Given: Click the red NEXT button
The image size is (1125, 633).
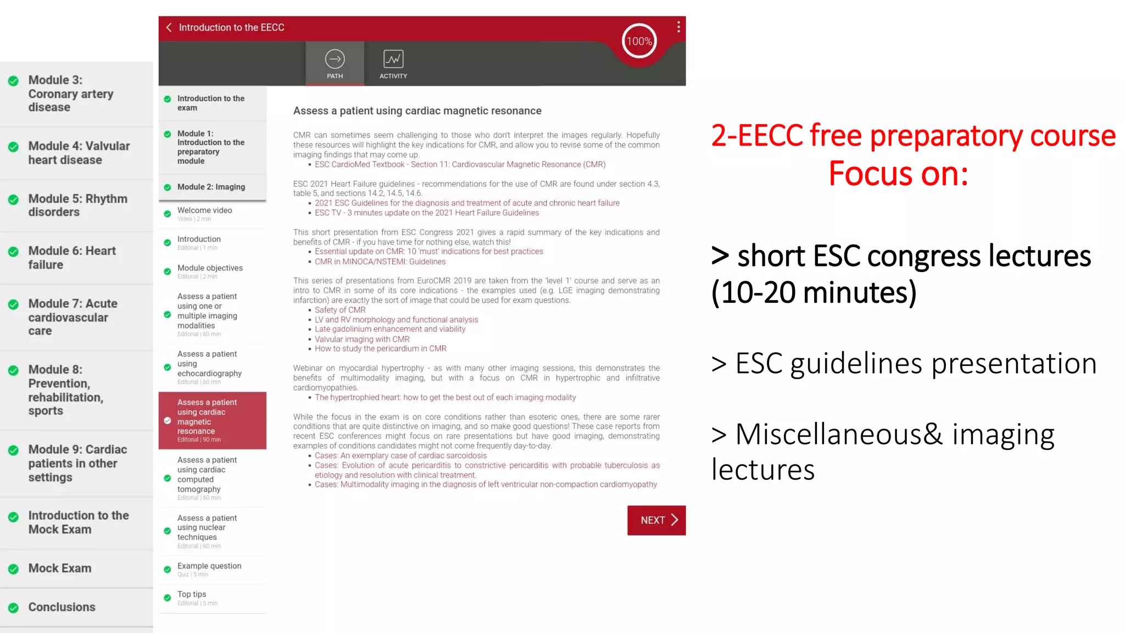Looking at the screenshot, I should (656, 520).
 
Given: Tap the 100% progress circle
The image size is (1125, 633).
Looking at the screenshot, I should (639, 41).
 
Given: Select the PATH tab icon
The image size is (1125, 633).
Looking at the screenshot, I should (335, 59).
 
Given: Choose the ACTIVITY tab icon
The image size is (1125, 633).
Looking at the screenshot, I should (393, 59).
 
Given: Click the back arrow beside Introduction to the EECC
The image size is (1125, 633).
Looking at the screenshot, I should (169, 27).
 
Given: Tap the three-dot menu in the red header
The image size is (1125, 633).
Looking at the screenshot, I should (678, 27).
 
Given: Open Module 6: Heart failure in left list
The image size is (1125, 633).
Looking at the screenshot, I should (72, 258).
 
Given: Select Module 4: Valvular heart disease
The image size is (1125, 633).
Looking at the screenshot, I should (79, 153).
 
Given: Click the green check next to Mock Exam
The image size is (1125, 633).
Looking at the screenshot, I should (14, 569).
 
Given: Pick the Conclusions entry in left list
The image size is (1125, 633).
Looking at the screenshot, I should (62, 607).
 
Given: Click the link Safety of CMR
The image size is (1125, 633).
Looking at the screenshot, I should (340, 310).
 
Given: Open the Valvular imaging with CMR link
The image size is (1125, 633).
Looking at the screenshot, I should (362, 339).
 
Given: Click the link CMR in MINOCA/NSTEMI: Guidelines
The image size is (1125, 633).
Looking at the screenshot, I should (380, 262).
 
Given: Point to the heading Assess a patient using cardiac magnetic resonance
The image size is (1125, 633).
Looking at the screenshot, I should (417, 111).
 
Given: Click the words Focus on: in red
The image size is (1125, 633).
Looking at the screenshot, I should (898, 174).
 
